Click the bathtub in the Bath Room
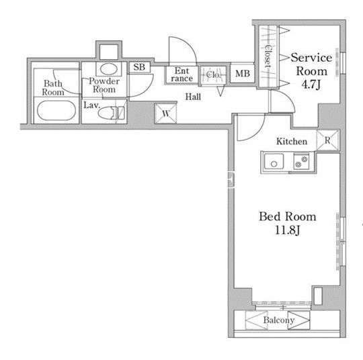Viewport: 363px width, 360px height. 56,111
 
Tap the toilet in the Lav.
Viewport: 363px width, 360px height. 111,113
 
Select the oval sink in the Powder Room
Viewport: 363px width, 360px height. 108,69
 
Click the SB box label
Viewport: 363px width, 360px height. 139,67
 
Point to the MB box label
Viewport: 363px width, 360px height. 243,74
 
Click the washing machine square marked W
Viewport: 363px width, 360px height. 165,114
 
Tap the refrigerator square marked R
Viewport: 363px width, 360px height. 327,140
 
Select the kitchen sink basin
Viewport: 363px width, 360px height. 274,161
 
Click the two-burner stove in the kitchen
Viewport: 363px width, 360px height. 301,162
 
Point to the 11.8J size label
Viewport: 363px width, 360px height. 287,230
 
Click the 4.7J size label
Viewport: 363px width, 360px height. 311,85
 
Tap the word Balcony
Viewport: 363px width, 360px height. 279,320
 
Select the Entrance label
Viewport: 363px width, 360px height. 182,75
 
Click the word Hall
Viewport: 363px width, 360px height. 193,97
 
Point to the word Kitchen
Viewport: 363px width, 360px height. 292,141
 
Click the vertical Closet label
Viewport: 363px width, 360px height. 268,56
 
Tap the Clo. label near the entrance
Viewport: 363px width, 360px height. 213,75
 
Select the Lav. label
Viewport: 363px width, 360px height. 91,105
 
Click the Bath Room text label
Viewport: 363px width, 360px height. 53,88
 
